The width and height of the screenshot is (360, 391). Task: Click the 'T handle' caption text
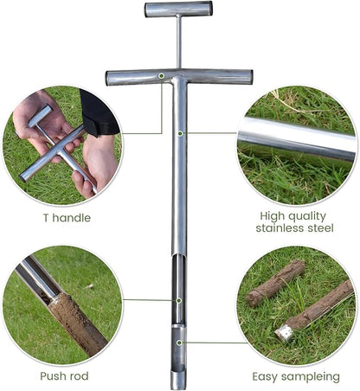point(67,218)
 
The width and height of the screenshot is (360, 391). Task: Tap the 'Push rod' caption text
point(64,376)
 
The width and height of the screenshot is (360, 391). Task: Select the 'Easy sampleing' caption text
point(296,377)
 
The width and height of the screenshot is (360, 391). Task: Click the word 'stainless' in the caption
point(280,228)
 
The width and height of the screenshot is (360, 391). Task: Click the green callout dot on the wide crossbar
point(162,76)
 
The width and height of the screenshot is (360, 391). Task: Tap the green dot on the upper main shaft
point(180,133)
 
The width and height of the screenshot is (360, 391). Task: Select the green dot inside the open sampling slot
point(179,301)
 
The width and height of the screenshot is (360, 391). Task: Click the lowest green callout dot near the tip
point(179,343)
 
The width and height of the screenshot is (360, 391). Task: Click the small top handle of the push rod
point(178,10)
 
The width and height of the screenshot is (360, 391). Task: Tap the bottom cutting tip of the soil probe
point(178,381)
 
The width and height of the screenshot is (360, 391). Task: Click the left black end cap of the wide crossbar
point(106,79)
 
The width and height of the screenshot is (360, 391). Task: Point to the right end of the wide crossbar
point(252,77)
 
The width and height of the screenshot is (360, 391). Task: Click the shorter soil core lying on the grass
point(275,284)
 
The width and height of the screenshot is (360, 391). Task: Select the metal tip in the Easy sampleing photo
point(283,333)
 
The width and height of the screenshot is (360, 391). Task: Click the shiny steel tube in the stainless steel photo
point(297,139)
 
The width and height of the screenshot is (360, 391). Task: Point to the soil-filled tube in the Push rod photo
point(77,324)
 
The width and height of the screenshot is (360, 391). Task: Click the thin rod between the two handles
point(179,42)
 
